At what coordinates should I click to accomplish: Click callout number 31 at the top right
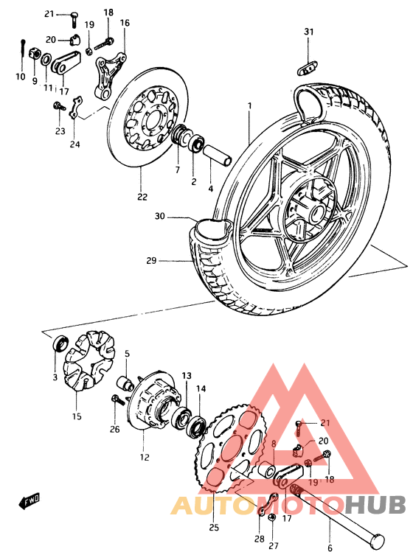(309, 31)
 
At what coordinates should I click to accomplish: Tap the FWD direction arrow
(28, 503)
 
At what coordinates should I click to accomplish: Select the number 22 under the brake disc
(142, 197)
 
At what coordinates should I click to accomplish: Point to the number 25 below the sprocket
(215, 528)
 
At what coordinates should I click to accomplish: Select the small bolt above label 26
(115, 400)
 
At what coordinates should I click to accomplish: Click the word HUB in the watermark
(375, 505)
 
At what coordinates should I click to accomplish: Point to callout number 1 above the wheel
(249, 106)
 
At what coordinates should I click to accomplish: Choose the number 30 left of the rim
(161, 217)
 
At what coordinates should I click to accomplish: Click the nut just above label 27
(271, 518)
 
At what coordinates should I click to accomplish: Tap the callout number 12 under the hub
(144, 457)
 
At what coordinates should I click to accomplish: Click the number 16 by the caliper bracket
(124, 24)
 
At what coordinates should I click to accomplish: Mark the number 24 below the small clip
(74, 144)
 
